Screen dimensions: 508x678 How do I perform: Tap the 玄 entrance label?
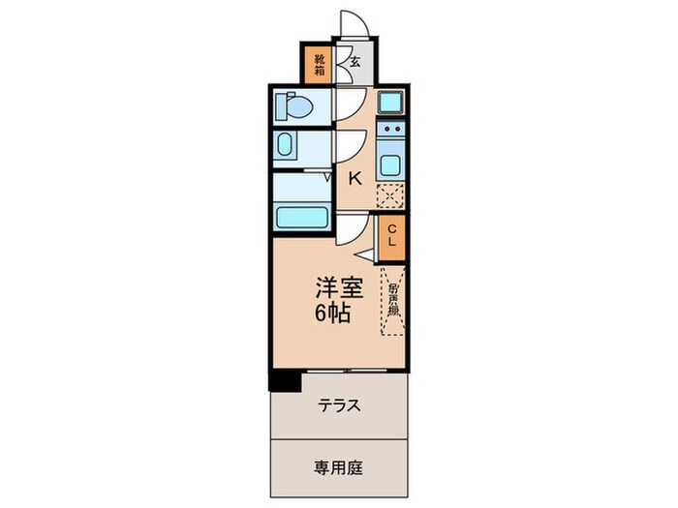click(355, 62)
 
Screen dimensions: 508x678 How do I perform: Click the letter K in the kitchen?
click(354, 177)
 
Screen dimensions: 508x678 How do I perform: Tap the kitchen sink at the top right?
click(391, 103)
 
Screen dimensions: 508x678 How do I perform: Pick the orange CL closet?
click(392, 236)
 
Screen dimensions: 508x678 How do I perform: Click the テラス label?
click(339, 405)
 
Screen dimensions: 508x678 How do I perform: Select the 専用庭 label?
click(338, 466)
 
